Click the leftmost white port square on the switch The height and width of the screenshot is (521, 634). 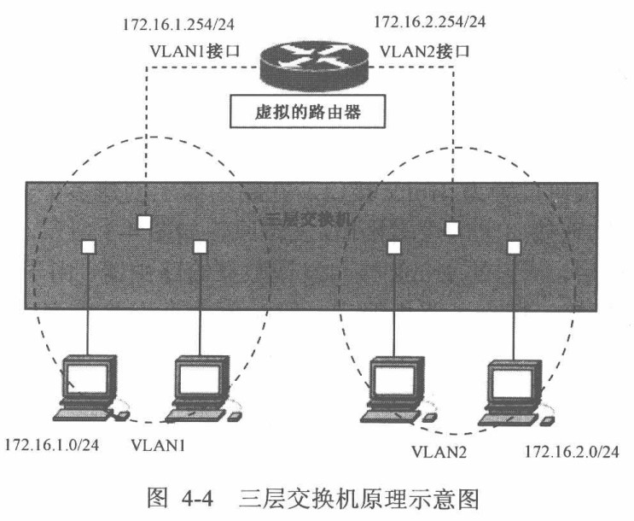point(90,247)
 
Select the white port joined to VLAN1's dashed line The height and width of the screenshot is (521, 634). point(144,222)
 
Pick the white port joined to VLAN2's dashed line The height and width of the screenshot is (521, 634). point(452,228)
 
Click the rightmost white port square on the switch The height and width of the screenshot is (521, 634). point(514,247)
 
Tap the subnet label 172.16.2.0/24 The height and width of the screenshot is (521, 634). point(571,450)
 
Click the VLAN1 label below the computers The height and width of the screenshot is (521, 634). point(158,446)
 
